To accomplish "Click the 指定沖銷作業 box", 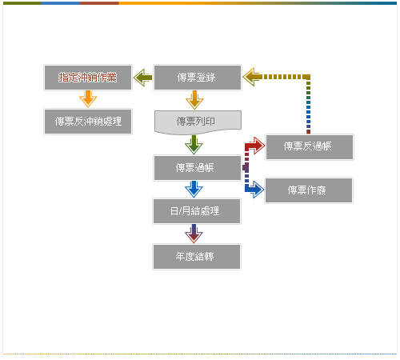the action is [x=88, y=78].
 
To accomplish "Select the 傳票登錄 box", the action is [x=198, y=78].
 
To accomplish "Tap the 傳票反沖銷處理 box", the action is [x=88, y=122].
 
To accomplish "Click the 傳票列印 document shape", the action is [x=198, y=122].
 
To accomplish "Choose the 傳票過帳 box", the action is [x=198, y=168].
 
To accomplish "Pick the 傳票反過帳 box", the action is [x=310, y=147].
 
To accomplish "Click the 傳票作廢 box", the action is [x=309, y=190].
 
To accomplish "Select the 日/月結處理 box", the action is [x=197, y=211].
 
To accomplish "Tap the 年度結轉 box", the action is [x=197, y=257].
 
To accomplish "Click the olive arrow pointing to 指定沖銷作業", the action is [x=142, y=78].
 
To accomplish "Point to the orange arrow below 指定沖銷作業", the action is [x=88, y=99].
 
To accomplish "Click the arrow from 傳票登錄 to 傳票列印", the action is [x=194, y=100].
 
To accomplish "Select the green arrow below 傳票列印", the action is [x=194, y=145].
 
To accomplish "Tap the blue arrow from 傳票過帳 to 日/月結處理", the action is [x=194, y=190].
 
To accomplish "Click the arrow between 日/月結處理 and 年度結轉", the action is [x=194, y=234].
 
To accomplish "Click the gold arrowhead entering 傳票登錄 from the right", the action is [x=252, y=77].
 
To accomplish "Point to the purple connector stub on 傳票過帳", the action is [x=246, y=168].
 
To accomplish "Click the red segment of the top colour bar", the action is [x=99, y=3].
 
